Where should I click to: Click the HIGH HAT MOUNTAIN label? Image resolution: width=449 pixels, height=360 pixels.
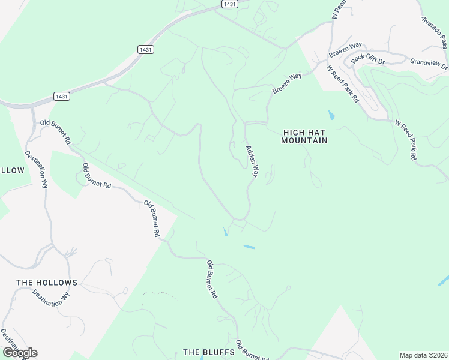point(304,136)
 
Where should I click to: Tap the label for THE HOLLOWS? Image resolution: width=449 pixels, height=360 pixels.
point(47,283)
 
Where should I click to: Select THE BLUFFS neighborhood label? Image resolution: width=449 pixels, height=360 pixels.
point(208,352)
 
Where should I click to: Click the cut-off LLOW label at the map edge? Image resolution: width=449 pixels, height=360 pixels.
point(12,170)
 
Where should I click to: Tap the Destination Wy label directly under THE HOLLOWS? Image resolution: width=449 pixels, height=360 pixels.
point(49,298)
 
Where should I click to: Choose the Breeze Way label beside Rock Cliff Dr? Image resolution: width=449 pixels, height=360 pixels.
point(345,50)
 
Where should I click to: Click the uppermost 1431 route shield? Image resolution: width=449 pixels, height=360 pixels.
point(229,4)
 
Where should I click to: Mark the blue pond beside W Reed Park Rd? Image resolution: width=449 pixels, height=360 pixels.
point(331,114)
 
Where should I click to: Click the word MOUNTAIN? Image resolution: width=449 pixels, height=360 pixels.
point(304,140)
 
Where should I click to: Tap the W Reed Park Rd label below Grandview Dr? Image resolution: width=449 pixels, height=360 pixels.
point(406,140)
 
